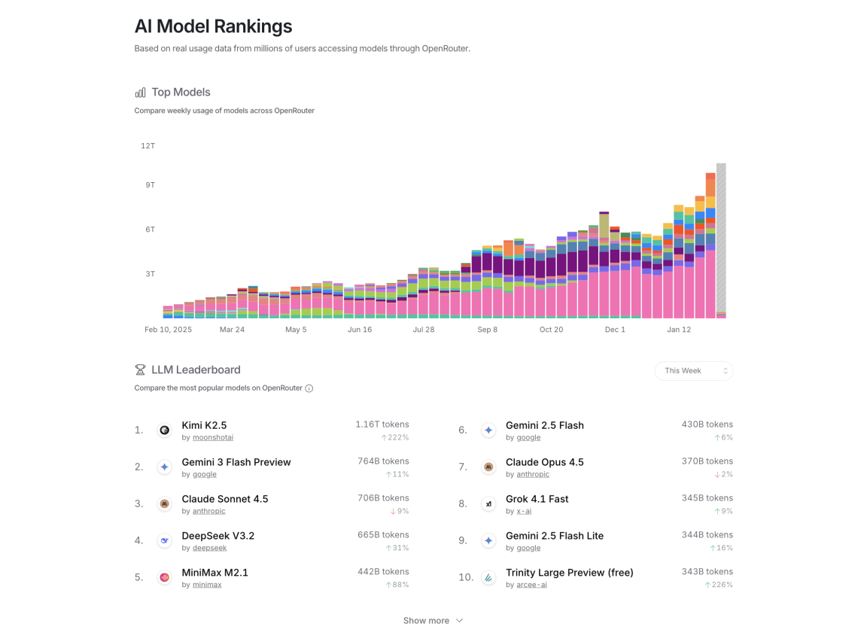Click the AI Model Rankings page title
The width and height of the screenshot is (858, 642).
pos(213,26)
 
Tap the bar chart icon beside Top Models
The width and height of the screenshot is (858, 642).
pos(141,93)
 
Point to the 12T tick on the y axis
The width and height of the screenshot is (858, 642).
pos(148,145)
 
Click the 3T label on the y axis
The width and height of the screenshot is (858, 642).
pos(150,274)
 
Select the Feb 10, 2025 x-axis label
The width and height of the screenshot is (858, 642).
pos(168,330)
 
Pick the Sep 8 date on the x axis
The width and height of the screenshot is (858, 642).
pos(487,330)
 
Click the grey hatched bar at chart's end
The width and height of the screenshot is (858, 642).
pos(721,239)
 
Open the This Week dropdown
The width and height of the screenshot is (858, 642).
pos(693,371)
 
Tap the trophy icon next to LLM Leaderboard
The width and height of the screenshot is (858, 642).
pos(140,370)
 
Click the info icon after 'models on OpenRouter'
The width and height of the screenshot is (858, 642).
pos(309,388)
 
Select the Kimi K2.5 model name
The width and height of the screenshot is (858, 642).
pos(204,425)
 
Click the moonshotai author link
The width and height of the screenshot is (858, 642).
pos(213,437)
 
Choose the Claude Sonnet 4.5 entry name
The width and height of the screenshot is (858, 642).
pos(224,499)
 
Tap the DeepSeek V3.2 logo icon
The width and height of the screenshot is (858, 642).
pos(164,540)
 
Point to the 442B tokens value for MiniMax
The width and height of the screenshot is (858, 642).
pos(383,572)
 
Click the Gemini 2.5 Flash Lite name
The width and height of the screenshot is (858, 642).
pos(554,536)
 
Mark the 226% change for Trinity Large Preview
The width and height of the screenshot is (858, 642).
pos(719,585)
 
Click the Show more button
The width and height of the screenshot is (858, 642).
pos(433,621)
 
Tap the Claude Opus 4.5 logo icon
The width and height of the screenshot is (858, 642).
pos(488,467)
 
